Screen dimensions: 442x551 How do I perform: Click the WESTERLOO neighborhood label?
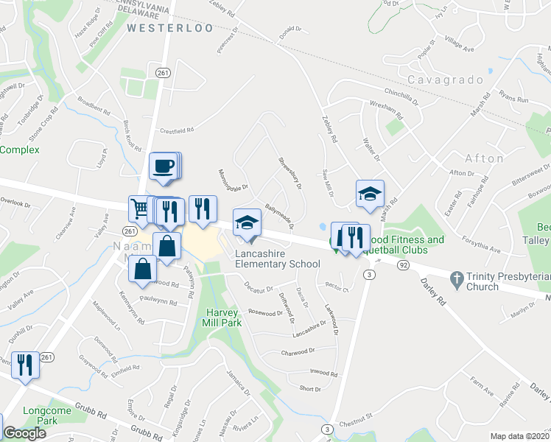[169, 28]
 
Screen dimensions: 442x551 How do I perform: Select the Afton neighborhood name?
[484, 158]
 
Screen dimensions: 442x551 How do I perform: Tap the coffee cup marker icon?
[164, 166]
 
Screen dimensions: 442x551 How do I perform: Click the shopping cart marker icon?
[139, 208]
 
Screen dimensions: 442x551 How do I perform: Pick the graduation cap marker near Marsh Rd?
[368, 194]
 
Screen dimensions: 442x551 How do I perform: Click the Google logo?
[24, 434]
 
